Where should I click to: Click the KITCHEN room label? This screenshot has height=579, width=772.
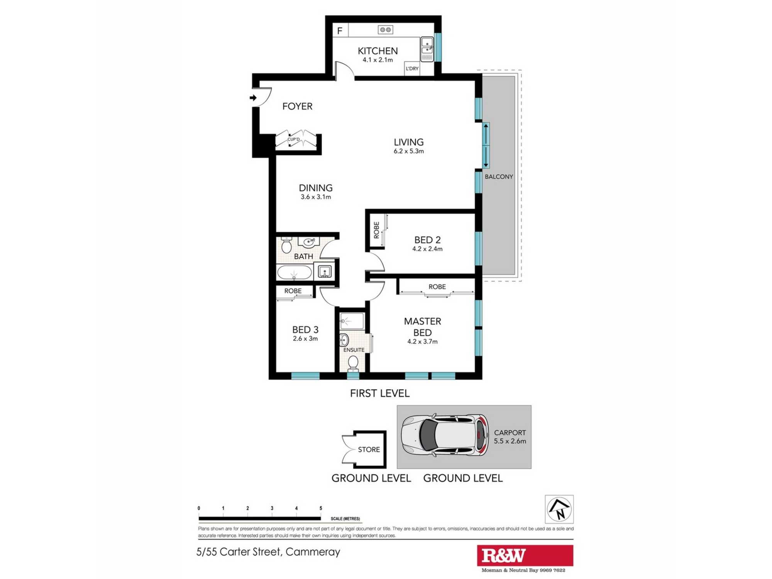tap(378, 51)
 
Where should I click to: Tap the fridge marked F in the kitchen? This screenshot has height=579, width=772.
tap(340, 30)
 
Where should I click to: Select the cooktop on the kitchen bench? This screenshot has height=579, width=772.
tap(385, 30)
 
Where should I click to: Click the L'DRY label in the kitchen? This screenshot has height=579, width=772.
tap(412, 69)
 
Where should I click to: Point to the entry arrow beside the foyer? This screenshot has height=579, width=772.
tap(253, 98)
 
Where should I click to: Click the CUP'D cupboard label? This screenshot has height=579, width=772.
tap(293, 139)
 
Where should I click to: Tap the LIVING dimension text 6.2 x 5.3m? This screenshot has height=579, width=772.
tap(408, 151)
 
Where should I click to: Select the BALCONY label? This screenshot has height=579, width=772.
tap(499, 177)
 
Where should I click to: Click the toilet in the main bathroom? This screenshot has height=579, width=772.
tap(286, 245)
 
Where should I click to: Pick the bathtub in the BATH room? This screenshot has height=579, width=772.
tap(294, 273)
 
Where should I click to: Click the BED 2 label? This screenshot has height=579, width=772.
tap(427, 240)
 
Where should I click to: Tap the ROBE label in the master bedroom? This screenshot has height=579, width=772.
tap(437, 287)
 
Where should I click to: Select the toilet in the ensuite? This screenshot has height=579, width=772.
tap(353, 363)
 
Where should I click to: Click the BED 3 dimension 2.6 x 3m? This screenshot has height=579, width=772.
tap(305, 339)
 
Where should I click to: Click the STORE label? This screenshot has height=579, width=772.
tap(369, 450)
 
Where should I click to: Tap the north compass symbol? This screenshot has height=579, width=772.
tap(559, 509)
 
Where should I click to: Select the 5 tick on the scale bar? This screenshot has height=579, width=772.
tap(320, 509)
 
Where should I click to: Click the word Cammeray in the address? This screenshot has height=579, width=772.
tap(313, 552)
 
